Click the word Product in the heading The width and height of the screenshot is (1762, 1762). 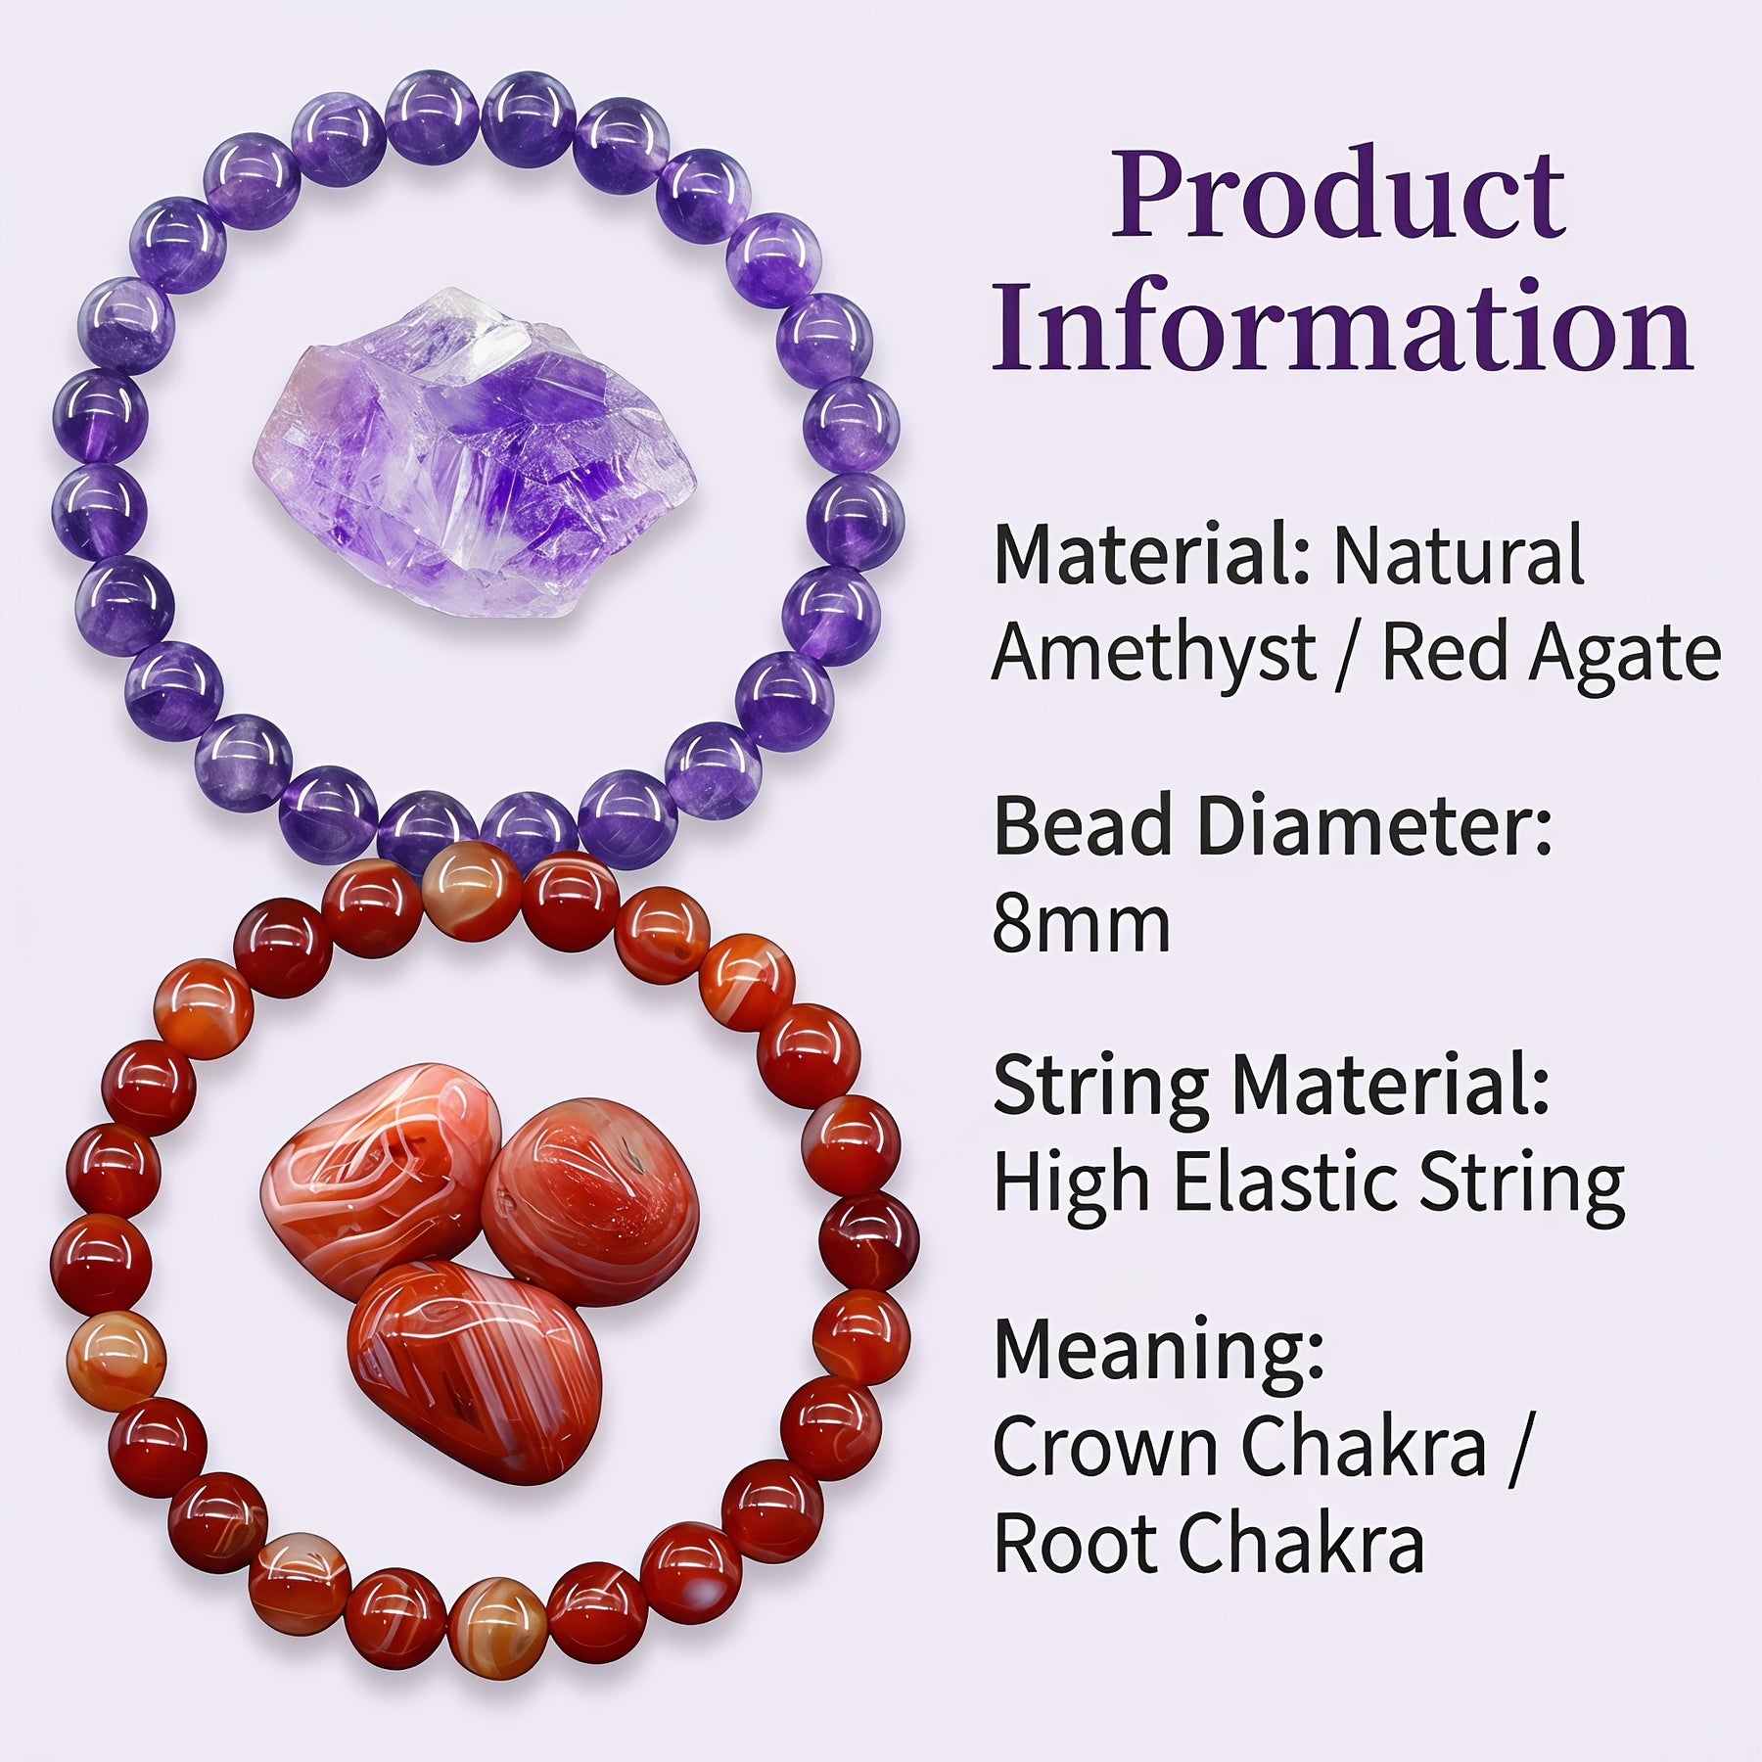[1338, 193]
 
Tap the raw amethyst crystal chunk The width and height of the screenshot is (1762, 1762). [475, 452]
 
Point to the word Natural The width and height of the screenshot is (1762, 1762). [1459, 555]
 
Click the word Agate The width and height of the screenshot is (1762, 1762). [1624, 654]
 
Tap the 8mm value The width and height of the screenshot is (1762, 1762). [1082, 924]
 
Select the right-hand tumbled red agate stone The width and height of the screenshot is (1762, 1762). [590, 1201]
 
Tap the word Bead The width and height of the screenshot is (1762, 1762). [1083, 826]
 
